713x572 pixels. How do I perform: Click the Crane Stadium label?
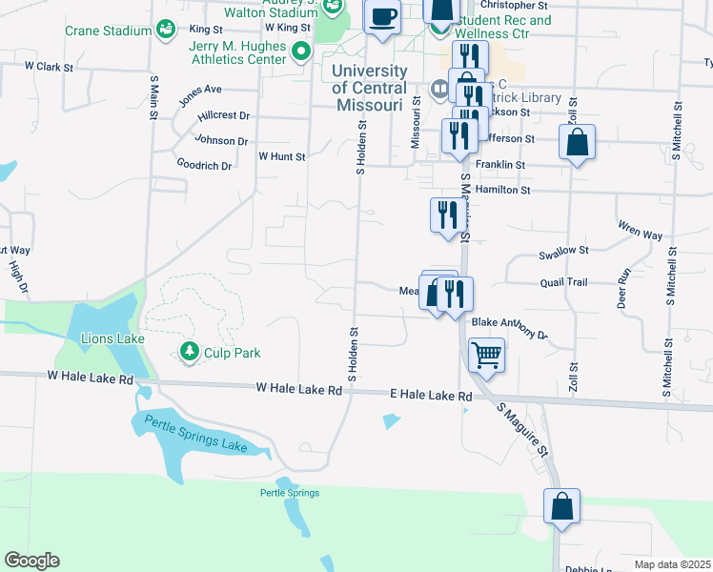click(x=107, y=31)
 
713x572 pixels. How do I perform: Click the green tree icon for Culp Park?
click(x=189, y=353)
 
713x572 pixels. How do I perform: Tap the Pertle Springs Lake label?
click(x=195, y=435)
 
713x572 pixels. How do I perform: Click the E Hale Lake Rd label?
click(x=431, y=396)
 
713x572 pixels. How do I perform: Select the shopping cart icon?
click(x=486, y=356)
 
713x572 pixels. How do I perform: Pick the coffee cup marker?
click(x=382, y=16)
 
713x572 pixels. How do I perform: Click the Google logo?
click(x=31, y=561)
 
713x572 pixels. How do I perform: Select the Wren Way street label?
click(x=640, y=234)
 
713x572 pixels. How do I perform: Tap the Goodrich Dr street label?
click(x=204, y=165)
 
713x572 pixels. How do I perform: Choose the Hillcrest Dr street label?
click(x=223, y=115)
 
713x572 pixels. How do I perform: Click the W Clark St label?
click(x=50, y=67)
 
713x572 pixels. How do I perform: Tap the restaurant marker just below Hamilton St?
click(x=443, y=215)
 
